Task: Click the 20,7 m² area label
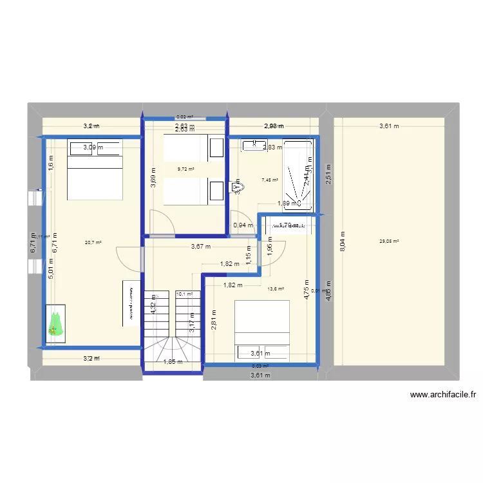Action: click(93, 243)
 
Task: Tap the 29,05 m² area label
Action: click(390, 241)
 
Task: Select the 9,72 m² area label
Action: click(186, 169)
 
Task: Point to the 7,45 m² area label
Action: click(270, 180)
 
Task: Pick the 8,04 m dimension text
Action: click(343, 241)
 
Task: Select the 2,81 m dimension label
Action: click(214, 320)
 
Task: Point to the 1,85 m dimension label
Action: click(173, 362)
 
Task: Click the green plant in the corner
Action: click(56, 321)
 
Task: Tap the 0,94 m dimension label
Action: click(243, 225)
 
